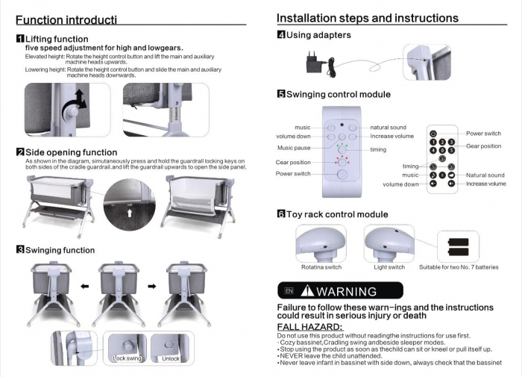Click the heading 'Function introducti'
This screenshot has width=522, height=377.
[66, 19]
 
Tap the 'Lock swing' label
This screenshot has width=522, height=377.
[126, 359]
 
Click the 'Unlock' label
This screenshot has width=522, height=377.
[172, 359]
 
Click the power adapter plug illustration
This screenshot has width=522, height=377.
[314, 64]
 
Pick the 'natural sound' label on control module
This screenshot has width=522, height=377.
[388, 128]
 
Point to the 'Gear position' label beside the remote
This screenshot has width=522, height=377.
[483, 146]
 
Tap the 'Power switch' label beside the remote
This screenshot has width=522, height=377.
[484, 133]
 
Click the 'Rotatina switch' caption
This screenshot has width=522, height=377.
[321, 267]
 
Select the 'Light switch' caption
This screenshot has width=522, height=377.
[389, 267]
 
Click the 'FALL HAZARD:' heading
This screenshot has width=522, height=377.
[309, 327]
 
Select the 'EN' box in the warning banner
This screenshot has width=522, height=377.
[289, 291]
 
